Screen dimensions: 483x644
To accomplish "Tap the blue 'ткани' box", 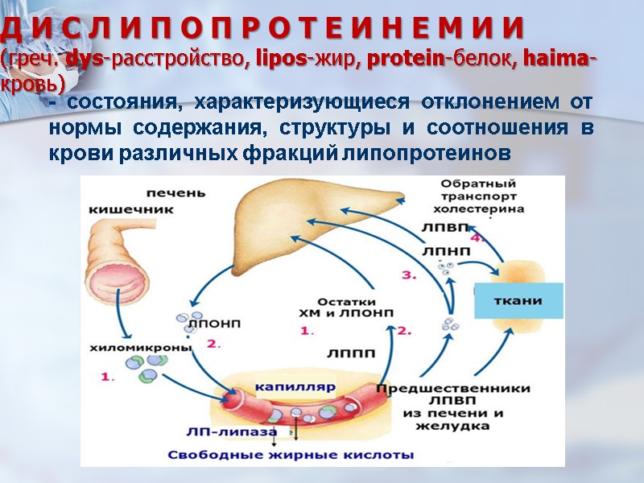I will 517,301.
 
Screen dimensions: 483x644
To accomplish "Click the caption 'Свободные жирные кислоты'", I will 291,454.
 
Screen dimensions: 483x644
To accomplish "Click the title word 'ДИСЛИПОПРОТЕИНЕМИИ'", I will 262,29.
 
